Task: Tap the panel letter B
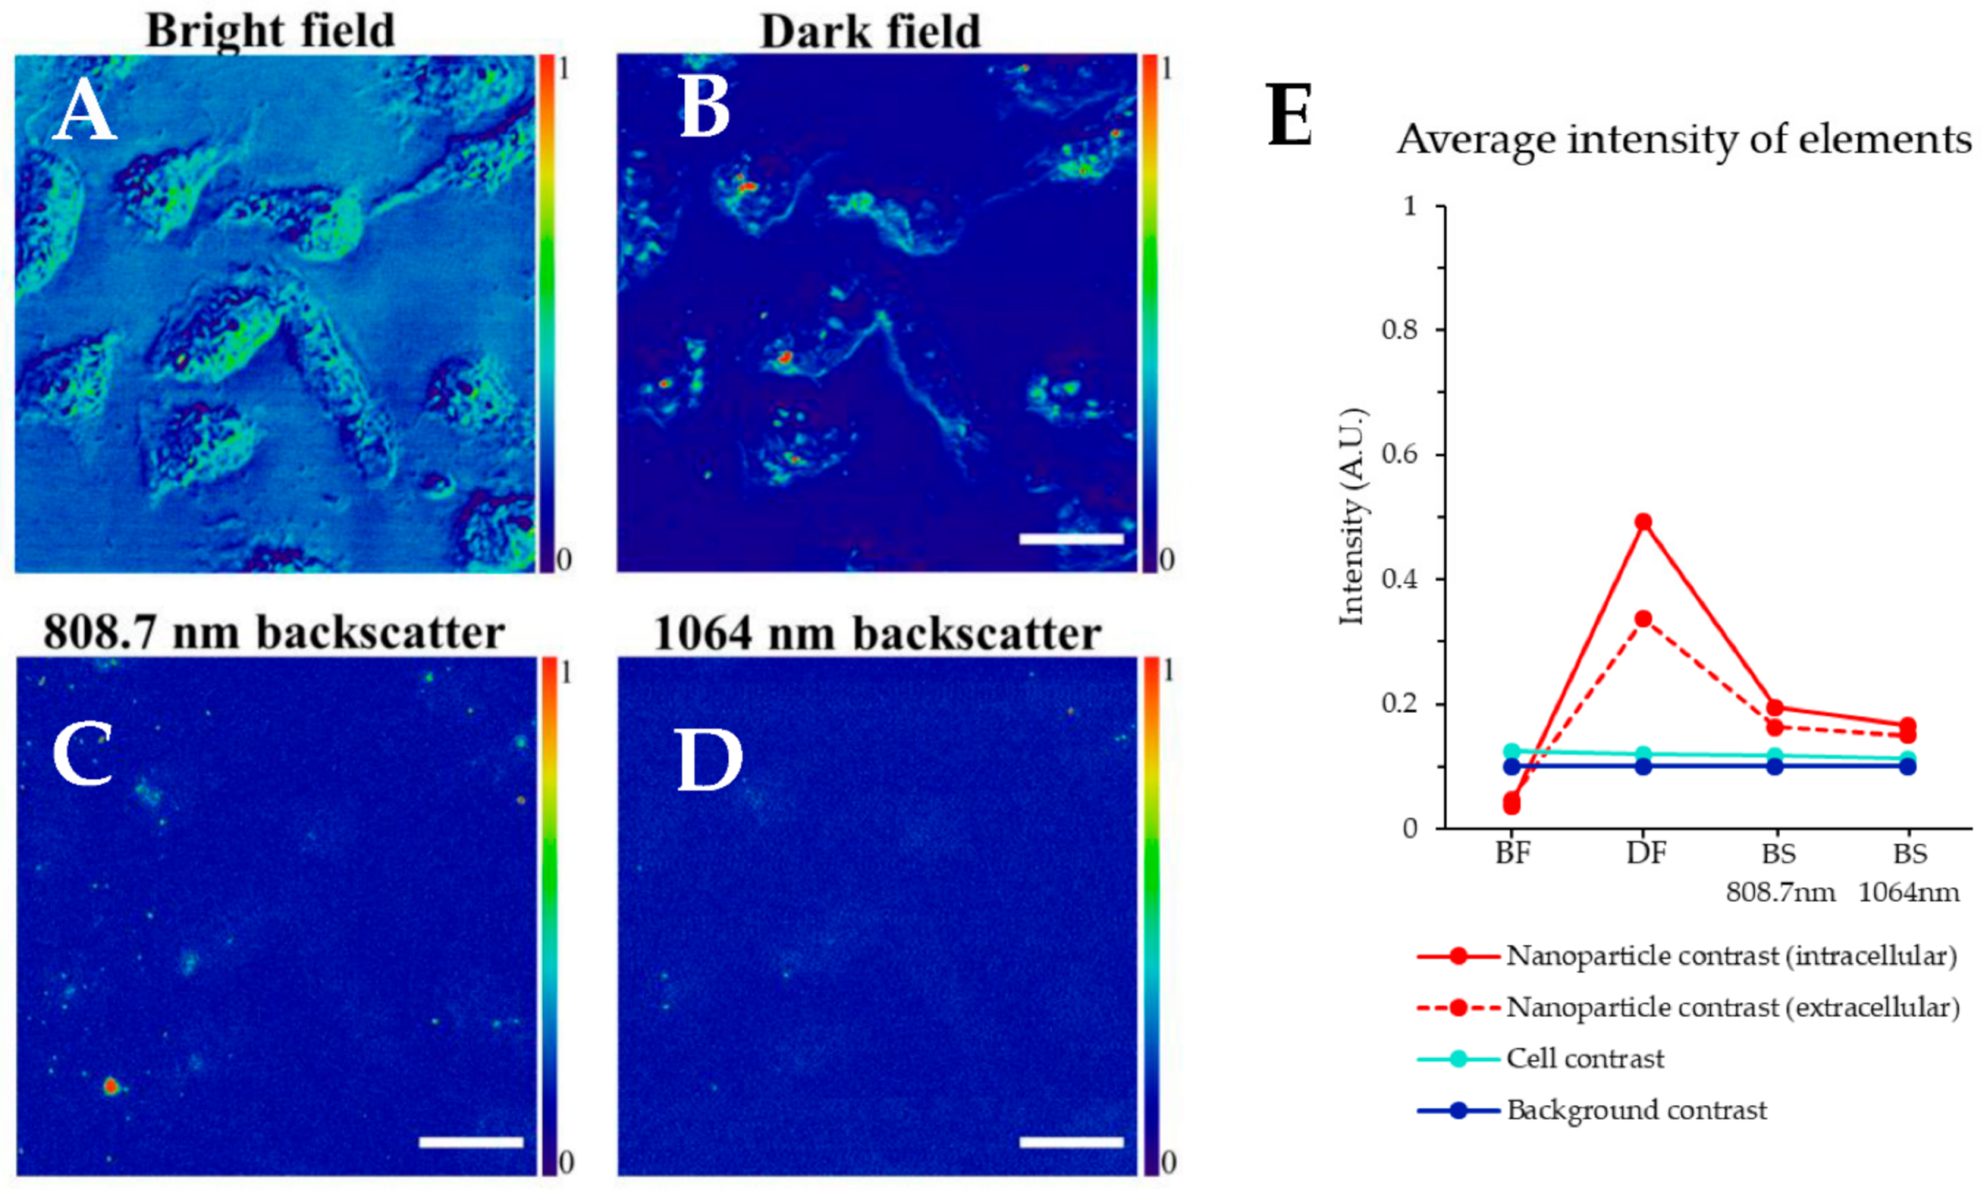pos(705,111)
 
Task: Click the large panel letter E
pos(1289,115)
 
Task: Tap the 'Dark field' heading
pos(871,32)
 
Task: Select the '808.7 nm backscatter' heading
pos(273,632)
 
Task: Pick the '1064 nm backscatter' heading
pos(877,634)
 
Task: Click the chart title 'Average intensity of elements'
pos(1684,139)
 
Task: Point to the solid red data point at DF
pos(1643,522)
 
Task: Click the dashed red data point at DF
pos(1643,619)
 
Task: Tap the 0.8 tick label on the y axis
pos(1400,329)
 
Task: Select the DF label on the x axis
pos(1646,853)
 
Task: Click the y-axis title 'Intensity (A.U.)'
pos(1353,516)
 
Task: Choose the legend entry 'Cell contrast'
pos(1584,1059)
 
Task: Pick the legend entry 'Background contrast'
pos(1635,1110)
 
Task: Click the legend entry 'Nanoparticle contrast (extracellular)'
pos(1732,1007)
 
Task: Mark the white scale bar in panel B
pos(1071,539)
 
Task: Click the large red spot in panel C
pos(111,1087)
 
